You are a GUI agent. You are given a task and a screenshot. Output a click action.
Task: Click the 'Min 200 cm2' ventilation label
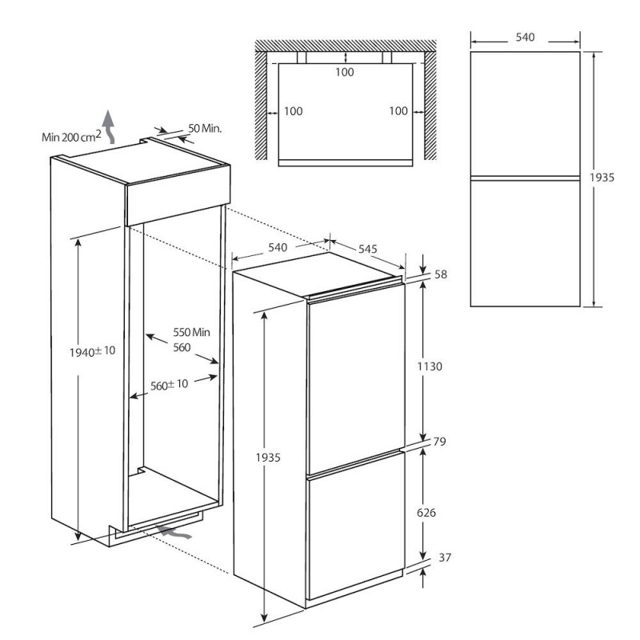coord(71,136)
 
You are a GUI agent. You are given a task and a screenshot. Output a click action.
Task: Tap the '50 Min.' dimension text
coord(205,129)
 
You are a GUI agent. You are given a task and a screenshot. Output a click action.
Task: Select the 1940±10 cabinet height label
coord(93,351)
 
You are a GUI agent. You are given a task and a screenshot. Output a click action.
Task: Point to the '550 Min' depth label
coord(191,332)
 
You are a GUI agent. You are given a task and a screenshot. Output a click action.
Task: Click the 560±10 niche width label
coord(169,385)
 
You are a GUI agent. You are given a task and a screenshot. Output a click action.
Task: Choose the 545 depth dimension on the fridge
coord(368,249)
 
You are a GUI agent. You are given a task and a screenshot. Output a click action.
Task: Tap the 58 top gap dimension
coord(441,274)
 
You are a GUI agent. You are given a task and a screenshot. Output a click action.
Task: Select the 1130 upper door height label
coord(430,366)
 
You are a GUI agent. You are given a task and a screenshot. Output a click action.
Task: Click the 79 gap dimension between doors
coord(439,442)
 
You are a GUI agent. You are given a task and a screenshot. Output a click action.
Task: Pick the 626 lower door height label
coord(426,512)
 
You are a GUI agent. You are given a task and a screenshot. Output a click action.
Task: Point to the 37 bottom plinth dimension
coord(445,557)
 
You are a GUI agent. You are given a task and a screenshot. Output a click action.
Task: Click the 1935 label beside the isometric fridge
coord(268,458)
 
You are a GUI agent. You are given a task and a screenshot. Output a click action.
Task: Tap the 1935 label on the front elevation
coord(602,178)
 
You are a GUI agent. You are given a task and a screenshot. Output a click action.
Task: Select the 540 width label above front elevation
coord(525,37)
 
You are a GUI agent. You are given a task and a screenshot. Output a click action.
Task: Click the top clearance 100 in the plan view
coord(345,72)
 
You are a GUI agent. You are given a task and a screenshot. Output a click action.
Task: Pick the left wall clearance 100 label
coord(293,111)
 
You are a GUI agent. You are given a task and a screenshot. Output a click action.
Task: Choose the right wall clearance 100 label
coord(398,110)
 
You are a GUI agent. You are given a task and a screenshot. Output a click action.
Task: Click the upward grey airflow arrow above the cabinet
coord(109,126)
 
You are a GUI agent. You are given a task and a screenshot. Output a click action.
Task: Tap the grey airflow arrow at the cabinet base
coord(174,532)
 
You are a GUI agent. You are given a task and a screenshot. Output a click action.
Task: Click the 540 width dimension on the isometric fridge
coord(278,247)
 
